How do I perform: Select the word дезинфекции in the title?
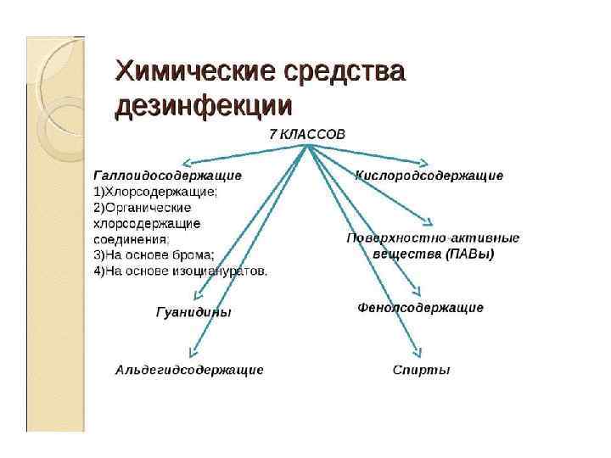(203, 108)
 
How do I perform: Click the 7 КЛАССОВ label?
(307, 135)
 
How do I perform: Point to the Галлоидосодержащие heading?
(167, 176)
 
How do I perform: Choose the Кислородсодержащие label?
(429, 176)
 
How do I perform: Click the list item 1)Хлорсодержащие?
(155, 192)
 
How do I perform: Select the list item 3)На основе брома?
(154, 254)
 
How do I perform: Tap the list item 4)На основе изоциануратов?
(181, 271)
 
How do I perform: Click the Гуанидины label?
(193, 312)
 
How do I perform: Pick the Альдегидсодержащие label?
(189, 370)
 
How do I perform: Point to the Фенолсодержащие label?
(421, 307)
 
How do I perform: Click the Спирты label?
(421, 370)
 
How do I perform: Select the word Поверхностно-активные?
(433, 238)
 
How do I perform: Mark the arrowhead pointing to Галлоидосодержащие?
(185, 163)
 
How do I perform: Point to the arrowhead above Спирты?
(417, 353)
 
